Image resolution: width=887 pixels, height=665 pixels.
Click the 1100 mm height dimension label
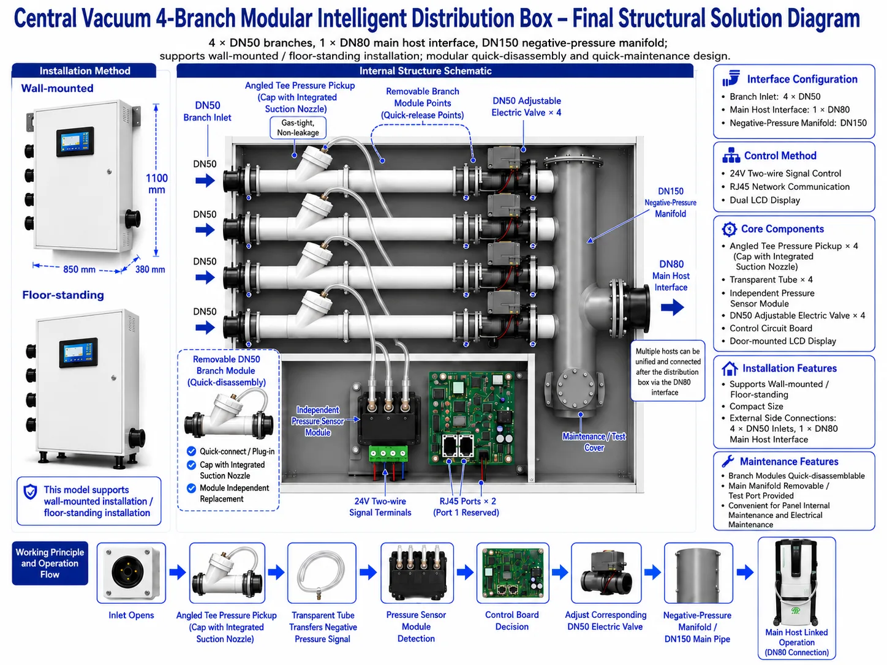(156, 184)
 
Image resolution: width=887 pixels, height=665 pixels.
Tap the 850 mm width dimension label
(79, 269)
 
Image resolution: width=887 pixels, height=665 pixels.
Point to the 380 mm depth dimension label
(150, 269)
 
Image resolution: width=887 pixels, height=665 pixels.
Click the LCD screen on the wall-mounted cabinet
(75, 141)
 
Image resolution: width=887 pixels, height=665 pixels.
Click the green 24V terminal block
(388, 453)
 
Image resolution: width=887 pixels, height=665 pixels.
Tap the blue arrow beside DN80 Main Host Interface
(673, 307)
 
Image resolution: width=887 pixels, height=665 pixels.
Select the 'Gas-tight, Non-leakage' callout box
(298, 127)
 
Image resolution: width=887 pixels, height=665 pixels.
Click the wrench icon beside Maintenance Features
(728, 460)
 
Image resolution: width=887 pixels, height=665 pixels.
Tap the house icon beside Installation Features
(730, 368)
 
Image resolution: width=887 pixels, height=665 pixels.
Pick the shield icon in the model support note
(30, 492)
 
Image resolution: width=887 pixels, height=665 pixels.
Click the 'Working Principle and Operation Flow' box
(50, 563)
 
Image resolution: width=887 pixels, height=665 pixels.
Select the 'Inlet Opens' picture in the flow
(131, 573)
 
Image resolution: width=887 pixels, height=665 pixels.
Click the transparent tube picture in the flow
(322, 573)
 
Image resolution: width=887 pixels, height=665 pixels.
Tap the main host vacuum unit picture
(796, 583)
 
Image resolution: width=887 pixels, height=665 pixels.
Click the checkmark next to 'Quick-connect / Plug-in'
(191, 451)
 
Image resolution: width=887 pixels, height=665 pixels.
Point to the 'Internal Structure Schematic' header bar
(435, 70)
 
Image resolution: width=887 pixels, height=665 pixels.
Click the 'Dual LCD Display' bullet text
(764, 200)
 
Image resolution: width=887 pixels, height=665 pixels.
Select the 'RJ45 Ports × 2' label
(467, 501)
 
